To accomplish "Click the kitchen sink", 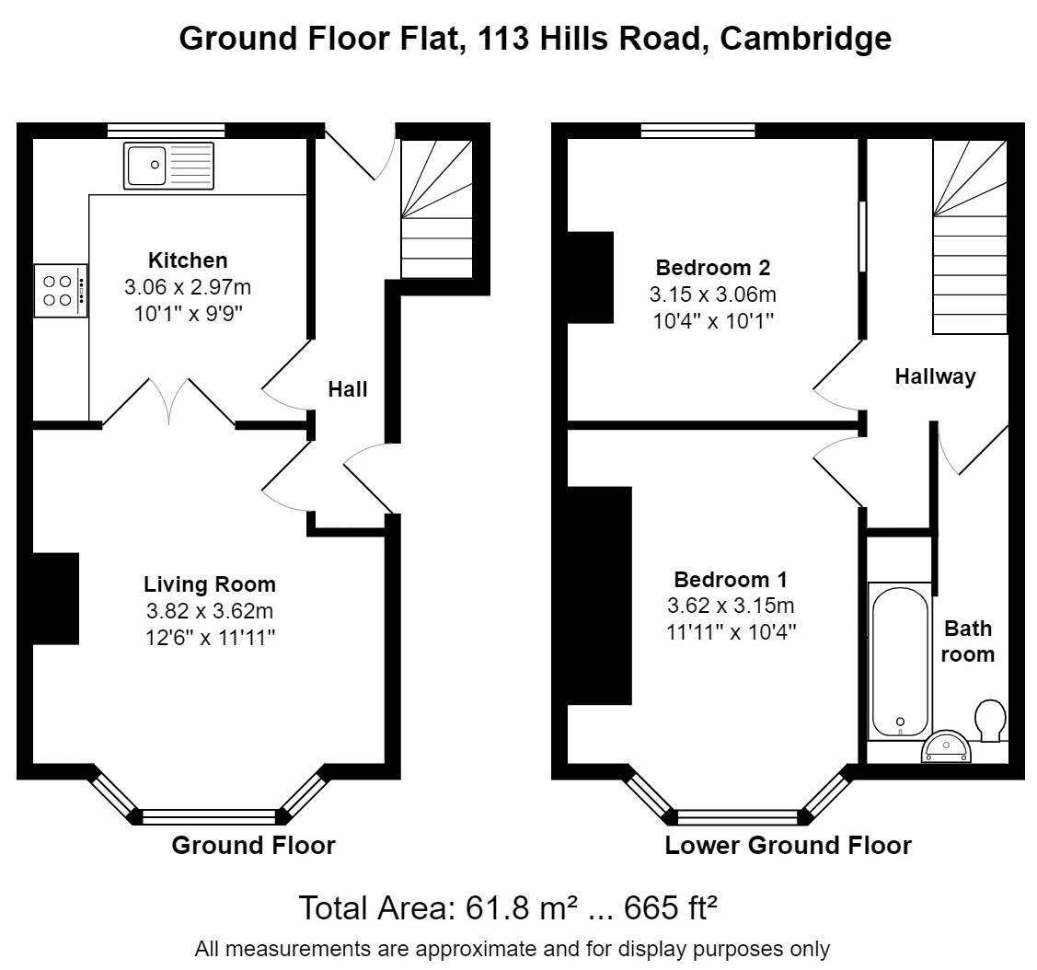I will click(167, 166).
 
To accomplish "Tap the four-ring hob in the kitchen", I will click(61, 291).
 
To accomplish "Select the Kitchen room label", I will click(188, 260).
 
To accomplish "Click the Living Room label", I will click(210, 584).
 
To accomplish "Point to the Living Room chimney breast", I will click(56, 598).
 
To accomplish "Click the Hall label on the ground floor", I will click(348, 389).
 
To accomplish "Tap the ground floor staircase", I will click(437, 210).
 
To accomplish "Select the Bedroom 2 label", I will click(713, 268).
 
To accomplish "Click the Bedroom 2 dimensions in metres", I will click(713, 294).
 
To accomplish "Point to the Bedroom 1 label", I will click(731, 580).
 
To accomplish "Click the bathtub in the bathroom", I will click(900, 662).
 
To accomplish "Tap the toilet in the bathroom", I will click(990, 721).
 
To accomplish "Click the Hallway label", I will click(935, 376).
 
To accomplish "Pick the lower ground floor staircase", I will click(970, 237).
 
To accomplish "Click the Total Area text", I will click(507, 908).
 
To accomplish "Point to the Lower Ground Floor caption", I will click(788, 846).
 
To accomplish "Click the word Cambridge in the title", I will click(805, 39).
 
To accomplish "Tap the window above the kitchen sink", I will click(167, 130).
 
